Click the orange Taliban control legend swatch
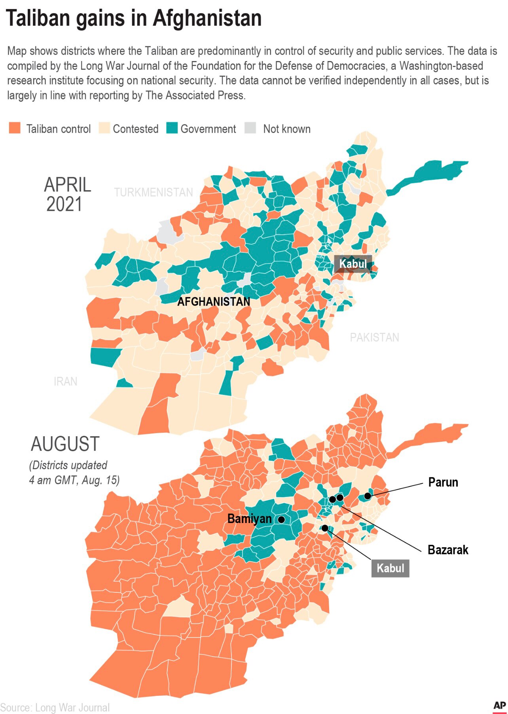tap(15, 128)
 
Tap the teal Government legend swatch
tap(172, 128)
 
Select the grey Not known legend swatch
tap(250, 128)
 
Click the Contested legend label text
tap(135, 129)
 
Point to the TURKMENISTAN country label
tap(154, 192)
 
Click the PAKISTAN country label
tap(374, 337)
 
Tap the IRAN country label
tap(65, 381)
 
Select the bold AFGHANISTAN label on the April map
tap(214, 302)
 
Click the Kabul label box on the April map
tap(353, 263)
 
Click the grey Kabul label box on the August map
tap(390, 568)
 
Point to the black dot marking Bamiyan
tap(281, 519)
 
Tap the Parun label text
tap(443, 482)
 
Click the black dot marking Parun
tap(368, 496)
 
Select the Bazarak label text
tap(448, 550)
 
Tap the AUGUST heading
tap(65, 444)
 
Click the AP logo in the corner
tap(499, 706)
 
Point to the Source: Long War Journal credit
tap(55, 707)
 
